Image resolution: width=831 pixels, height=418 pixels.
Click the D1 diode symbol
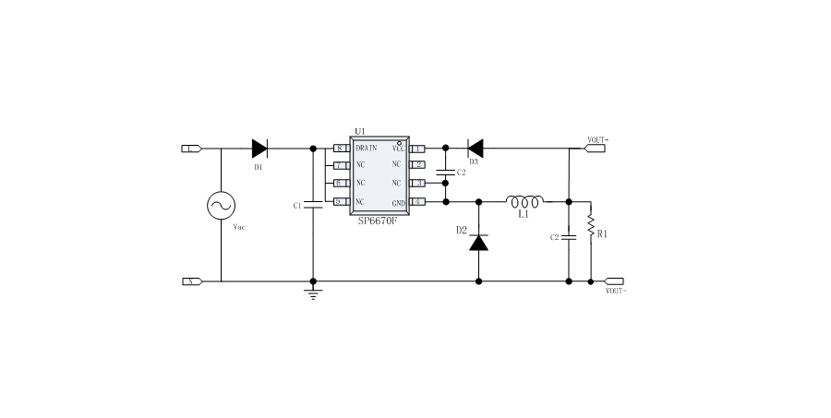(259, 148)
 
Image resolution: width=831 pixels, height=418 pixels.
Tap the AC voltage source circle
(222, 206)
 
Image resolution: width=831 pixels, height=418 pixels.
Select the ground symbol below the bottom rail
(314, 293)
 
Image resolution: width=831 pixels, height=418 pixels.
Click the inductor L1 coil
(525, 199)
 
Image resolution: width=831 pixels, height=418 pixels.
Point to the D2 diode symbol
(479, 242)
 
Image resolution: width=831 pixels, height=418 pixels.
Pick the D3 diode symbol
(475, 148)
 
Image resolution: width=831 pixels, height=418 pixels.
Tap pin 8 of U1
(340, 148)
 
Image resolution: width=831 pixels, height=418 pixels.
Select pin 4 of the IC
(418, 202)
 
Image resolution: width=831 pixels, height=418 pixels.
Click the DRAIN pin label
(367, 148)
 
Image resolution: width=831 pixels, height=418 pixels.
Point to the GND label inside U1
(399, 202)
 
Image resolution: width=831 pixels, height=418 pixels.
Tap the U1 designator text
(360, 132)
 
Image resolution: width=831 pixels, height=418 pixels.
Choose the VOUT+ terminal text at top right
(597, 138)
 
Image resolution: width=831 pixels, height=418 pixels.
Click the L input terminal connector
(192, 148)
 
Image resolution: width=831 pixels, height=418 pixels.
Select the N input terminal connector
(192, 281)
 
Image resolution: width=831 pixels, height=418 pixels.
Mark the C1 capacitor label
(297, 206)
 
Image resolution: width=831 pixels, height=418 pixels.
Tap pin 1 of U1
(418, 148)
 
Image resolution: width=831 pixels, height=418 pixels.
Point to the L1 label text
(524, 214)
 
